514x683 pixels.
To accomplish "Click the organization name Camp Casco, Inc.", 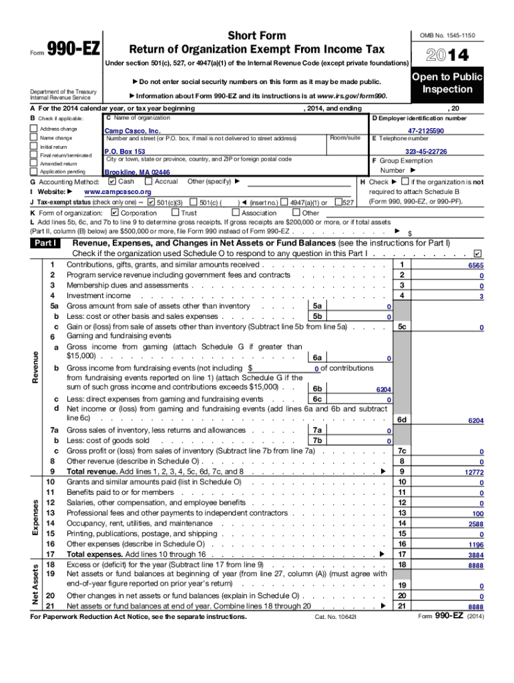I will point(132,131).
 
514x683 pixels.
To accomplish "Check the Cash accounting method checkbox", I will point(111,181).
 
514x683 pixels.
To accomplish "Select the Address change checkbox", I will point(34,128).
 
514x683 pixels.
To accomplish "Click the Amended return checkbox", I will point(34,163).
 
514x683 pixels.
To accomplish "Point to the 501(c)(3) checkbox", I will point(151,202).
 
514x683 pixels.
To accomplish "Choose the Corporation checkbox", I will point(114,213).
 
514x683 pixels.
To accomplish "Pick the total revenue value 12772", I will point(473,473).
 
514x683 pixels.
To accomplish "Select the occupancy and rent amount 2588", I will point(475,524).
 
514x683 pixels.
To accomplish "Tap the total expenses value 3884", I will point(475,555).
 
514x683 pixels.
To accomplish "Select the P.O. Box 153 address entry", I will point(125,152).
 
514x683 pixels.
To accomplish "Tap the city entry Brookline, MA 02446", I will point(132,172).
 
